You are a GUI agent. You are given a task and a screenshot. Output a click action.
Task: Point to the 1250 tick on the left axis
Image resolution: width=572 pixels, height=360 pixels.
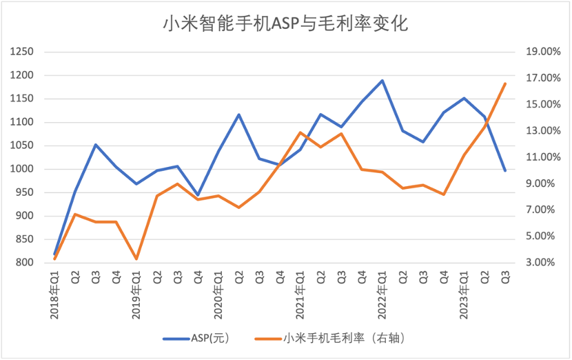click(x=23, y=52)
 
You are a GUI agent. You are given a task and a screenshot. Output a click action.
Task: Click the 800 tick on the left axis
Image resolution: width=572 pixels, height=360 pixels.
click(x=25, y=263)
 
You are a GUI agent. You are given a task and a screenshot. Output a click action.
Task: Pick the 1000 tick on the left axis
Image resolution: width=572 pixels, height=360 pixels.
click(x=23, y=170)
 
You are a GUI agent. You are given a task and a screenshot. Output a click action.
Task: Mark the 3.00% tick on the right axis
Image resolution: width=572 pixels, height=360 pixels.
click(x=543, y=263)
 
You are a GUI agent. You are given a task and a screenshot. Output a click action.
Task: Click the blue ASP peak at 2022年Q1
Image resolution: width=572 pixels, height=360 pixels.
click(x=382, y=81)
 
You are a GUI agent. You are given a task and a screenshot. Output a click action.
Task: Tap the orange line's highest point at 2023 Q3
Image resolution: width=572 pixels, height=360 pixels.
click(x=505, y=84)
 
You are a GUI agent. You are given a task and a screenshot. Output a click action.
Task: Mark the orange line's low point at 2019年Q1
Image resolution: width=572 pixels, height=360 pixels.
click(x=136, y=259)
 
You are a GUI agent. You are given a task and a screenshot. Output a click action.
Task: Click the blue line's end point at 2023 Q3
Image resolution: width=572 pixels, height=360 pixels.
click(x=505, y=170)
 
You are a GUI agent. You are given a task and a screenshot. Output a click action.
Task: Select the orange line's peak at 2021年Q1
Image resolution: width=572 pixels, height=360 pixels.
click(x=300, y=132)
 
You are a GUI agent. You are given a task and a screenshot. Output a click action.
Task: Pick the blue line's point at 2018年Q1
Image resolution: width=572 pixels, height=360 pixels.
click(x=55, y=254)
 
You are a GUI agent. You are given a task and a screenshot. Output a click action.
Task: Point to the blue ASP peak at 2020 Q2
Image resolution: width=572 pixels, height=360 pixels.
click(x=239, y=114)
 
